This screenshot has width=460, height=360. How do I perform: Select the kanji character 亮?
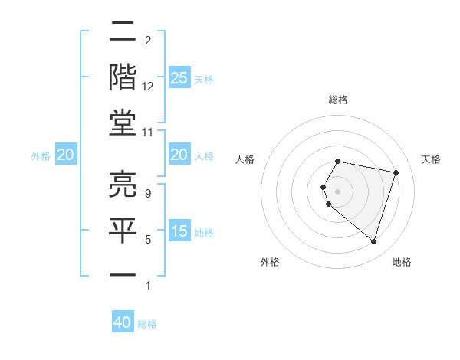point(123,182)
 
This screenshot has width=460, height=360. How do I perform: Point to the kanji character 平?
point(123,229)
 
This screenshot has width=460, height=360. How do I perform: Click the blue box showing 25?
point(179,78)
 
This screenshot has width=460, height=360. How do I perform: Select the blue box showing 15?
point(179,232)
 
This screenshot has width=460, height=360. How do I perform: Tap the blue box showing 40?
point(123,322)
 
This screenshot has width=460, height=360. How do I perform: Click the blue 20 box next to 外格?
point(66,155)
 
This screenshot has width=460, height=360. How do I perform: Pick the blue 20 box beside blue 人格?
point(179,155)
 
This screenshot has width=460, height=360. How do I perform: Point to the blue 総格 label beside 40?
point(148,324)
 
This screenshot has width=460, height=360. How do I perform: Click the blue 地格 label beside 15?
point(204,233)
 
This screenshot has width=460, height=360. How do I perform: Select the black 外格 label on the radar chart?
point(270,262)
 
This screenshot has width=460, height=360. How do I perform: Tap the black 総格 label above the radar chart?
point(338,100)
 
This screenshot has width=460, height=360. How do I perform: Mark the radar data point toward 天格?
point(396,173)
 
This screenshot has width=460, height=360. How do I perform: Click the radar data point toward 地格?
point(373,242)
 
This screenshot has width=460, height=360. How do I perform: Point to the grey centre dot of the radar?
point(338,191)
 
